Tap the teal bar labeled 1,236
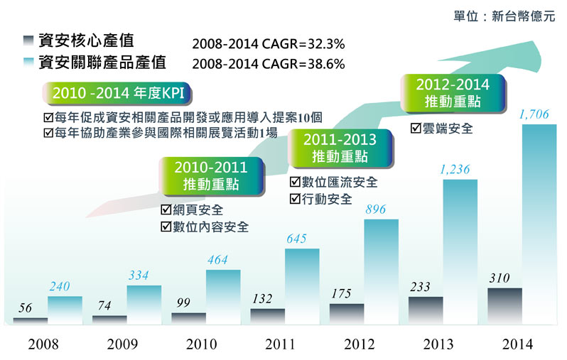coord(460,251)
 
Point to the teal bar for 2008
coord(65,310)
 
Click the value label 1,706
coord(534,114)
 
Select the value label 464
coord(217,260)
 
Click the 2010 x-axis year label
coord(201,345)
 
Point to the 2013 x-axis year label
coord(438,345)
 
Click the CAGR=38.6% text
coord(269,64)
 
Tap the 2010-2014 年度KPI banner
coord(118,93)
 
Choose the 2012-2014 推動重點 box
coord(453,94)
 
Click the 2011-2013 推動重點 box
coord(340,147)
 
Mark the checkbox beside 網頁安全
coord(166,210)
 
